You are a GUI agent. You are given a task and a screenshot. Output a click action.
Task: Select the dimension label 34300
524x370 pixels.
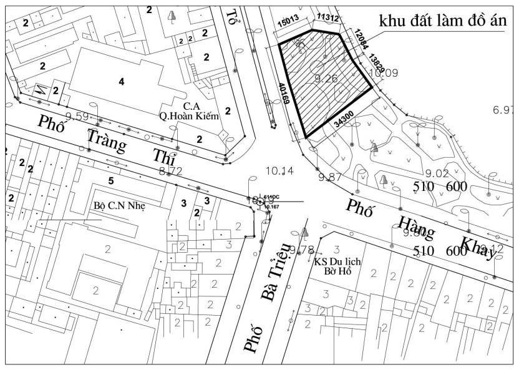point(344,120)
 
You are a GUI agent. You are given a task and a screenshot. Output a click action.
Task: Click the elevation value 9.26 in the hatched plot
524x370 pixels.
point(326,79)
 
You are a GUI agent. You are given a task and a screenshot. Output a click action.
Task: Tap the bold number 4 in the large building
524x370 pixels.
point(122,81)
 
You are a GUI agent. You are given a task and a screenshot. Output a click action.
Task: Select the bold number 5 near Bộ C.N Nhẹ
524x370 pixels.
point(111,181)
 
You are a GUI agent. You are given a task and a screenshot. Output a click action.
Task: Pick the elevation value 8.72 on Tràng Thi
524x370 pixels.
point(170,170)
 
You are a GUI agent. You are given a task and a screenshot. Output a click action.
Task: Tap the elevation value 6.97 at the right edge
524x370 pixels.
point(503,110)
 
